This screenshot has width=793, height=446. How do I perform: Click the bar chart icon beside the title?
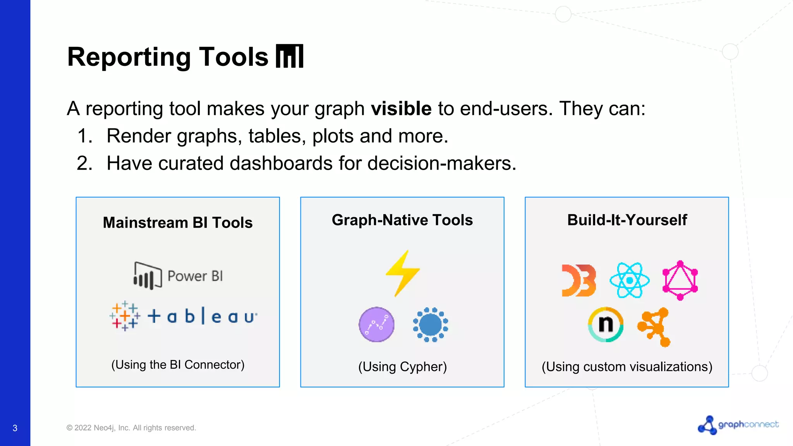tap(290, 57)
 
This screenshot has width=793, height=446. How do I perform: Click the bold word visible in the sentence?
tap(401, 108)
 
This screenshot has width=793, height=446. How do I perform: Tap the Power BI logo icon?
tap(148, 276)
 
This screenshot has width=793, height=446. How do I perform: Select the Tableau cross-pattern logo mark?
tap(125, 316)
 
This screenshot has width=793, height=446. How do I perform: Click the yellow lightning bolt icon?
tap(403, 273)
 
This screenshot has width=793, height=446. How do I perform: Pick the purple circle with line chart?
tap(376, 324)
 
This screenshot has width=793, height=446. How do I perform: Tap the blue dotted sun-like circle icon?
tap(430, 324)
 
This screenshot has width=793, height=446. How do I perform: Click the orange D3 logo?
tap(578, 281)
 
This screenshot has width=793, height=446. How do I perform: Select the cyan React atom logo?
tap(630, 280)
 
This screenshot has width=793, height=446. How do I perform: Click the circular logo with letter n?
tap(606, 324)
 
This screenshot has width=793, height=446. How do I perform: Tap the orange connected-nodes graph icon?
tap(654, 327)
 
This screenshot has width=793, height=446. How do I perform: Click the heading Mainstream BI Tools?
tap(178, 223)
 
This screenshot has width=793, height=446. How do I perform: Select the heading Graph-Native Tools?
tap(402, 220)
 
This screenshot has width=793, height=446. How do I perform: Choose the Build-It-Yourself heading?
tap(627, 220)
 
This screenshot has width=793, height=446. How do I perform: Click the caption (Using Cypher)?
tap(402, 367)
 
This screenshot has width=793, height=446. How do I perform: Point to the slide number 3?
tap(15, 428)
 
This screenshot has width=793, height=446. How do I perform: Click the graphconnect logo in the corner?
tap(738, 425)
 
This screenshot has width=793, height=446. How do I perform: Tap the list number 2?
tap(84, 163)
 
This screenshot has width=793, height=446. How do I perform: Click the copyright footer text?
tap(131, 428)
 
